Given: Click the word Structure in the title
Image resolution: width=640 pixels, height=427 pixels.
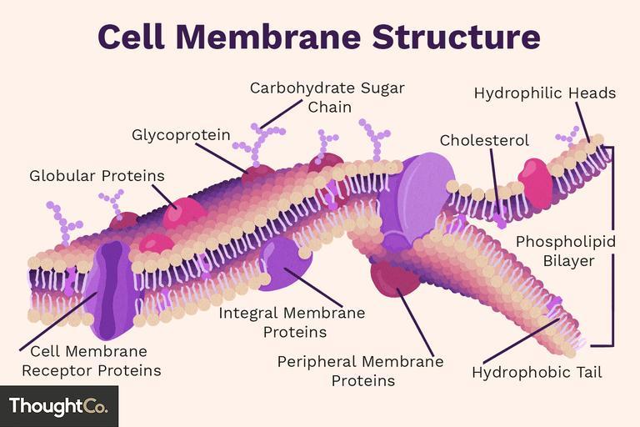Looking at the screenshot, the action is point(457,37).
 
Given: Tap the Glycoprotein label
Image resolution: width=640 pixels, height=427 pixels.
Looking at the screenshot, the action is point(181,135).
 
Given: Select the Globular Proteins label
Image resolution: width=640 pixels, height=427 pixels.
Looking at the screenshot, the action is point(97,176).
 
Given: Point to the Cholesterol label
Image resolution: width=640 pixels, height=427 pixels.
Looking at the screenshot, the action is point(484,140).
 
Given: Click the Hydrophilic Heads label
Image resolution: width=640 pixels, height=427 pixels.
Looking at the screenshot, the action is point(544,93).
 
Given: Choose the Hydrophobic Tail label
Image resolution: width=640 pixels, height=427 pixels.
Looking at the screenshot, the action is point(537,373).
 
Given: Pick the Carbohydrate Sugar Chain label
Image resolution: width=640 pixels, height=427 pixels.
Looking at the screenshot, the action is point(327,98).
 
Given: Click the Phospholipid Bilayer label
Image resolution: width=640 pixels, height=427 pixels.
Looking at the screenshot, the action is point(566,251).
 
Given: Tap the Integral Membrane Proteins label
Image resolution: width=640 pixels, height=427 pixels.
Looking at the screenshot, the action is point(292,323).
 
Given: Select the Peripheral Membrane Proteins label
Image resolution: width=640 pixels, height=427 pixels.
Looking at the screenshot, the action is point(360,371).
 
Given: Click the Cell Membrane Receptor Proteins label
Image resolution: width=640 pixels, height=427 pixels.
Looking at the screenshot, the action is point(92,361).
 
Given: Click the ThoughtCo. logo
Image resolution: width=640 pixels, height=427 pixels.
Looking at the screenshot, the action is point(59,406).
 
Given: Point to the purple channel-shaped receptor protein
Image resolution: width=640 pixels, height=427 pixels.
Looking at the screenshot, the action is point(111,289).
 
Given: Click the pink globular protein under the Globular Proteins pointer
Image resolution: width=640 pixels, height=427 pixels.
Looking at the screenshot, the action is point(184,213).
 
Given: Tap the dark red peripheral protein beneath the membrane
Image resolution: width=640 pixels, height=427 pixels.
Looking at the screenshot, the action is point(394,279).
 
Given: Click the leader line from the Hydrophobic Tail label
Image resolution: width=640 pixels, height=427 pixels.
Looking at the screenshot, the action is point(521,341).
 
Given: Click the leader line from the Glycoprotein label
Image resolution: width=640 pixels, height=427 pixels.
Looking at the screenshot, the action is point(221,158).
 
